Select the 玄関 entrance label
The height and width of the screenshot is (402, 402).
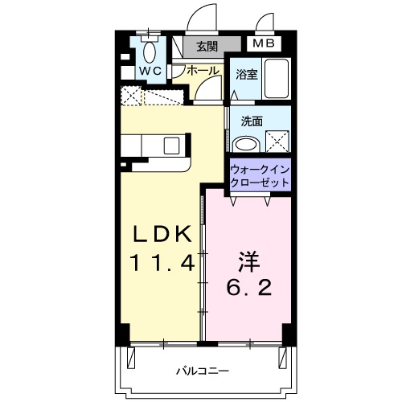(x=207, y=47)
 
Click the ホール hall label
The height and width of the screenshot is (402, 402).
(x=203, y=71)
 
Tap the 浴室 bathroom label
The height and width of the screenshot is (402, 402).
(x=246, y=75)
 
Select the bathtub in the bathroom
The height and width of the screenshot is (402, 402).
(x=277, y=78)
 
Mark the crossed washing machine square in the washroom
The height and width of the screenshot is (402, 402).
(x=277, y=142)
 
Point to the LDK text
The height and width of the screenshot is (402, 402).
(x=162, y=234)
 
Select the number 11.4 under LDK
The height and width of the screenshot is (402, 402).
(x=162, y=263)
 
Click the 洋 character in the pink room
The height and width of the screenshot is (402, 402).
(x=248, y=261)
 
